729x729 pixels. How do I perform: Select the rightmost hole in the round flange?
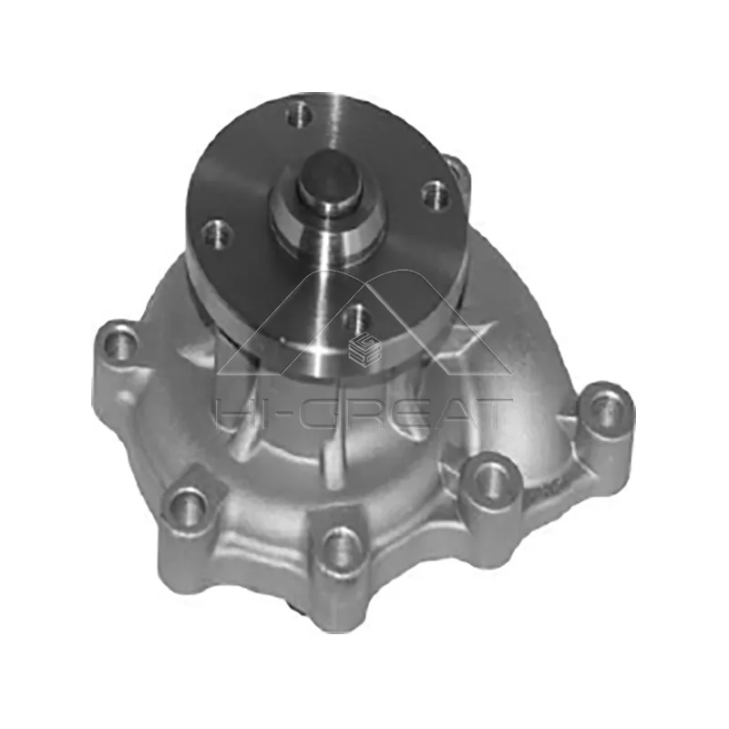pos(436,193)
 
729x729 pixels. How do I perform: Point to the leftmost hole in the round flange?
pos(216,236)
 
